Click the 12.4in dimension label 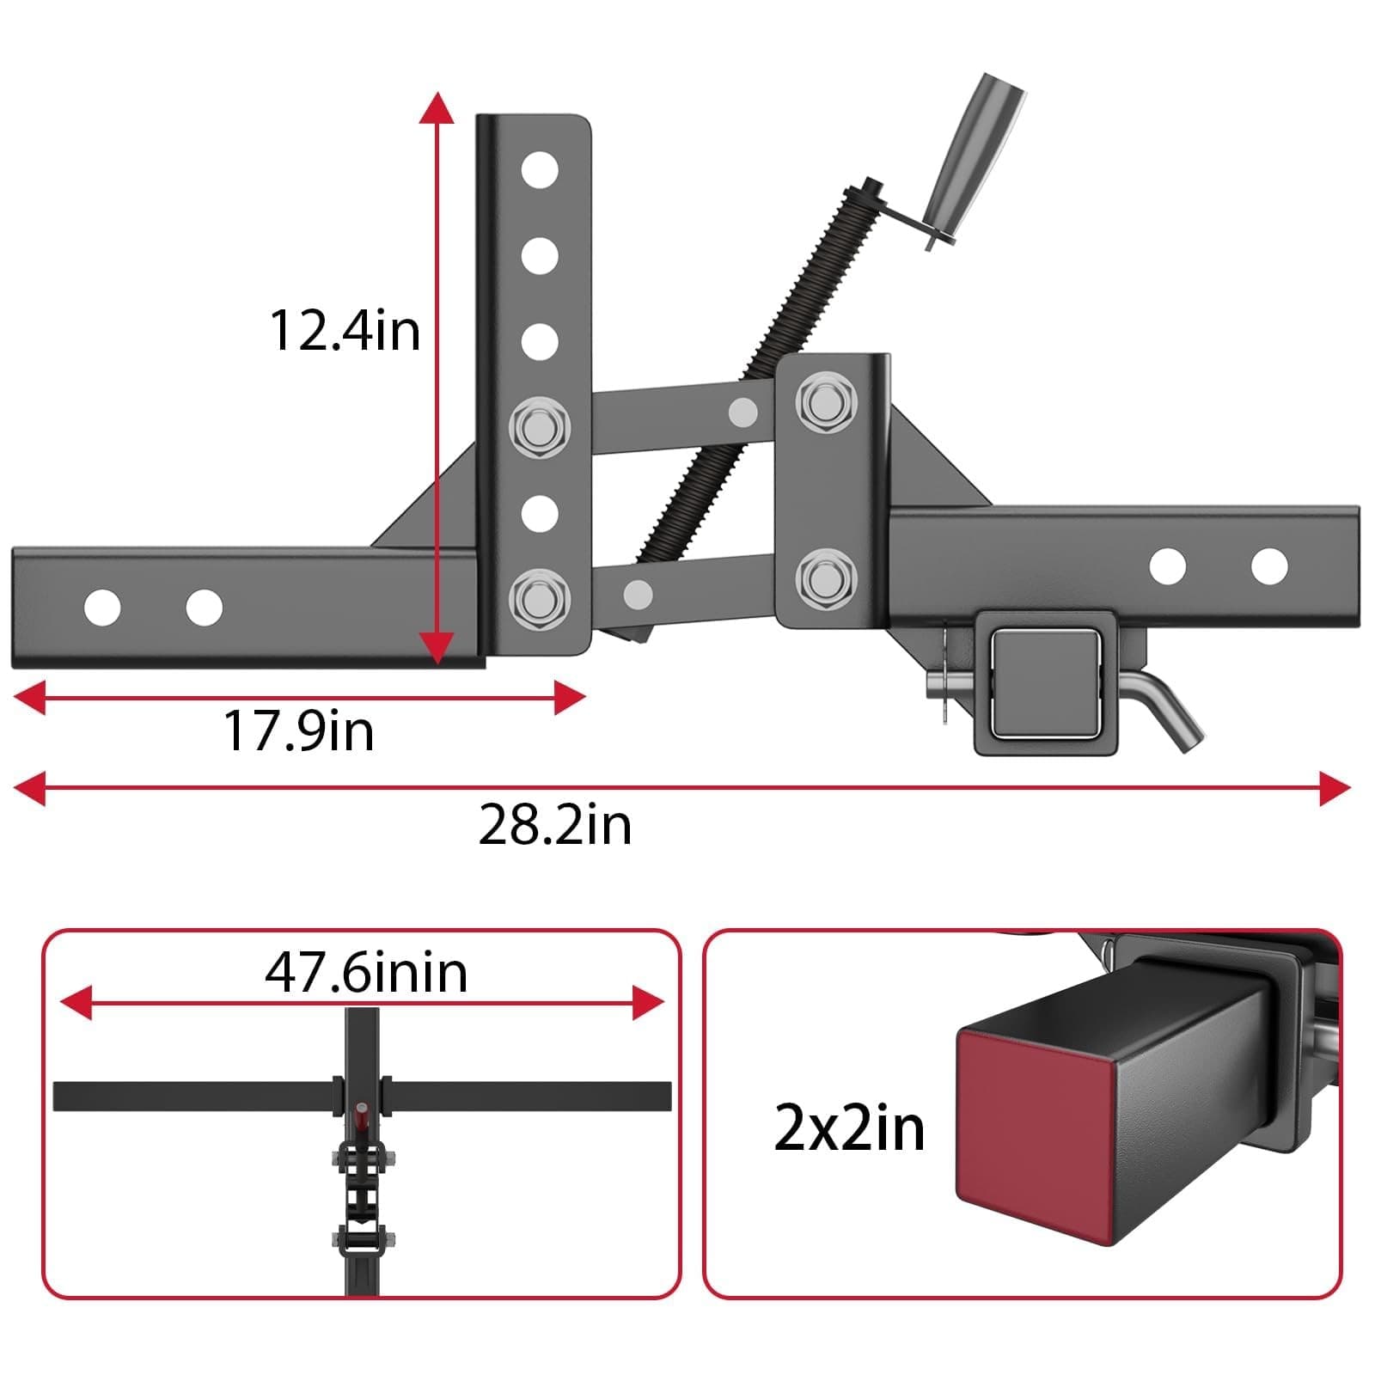[x=345, y=330]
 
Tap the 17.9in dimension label [x=298, y=731]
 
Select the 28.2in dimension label [x=554, y=825]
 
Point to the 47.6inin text [x=366, y=973]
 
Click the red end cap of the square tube [x=1031, y=1134]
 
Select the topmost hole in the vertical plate [x=539, y=169]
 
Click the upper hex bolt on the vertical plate [x=539, y=426]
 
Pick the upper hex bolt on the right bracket [x=825, y=400]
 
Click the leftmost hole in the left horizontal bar [x=102, y=608]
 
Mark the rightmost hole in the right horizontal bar [x=1268, y=566]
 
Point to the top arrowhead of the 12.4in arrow [x=437, y=108]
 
